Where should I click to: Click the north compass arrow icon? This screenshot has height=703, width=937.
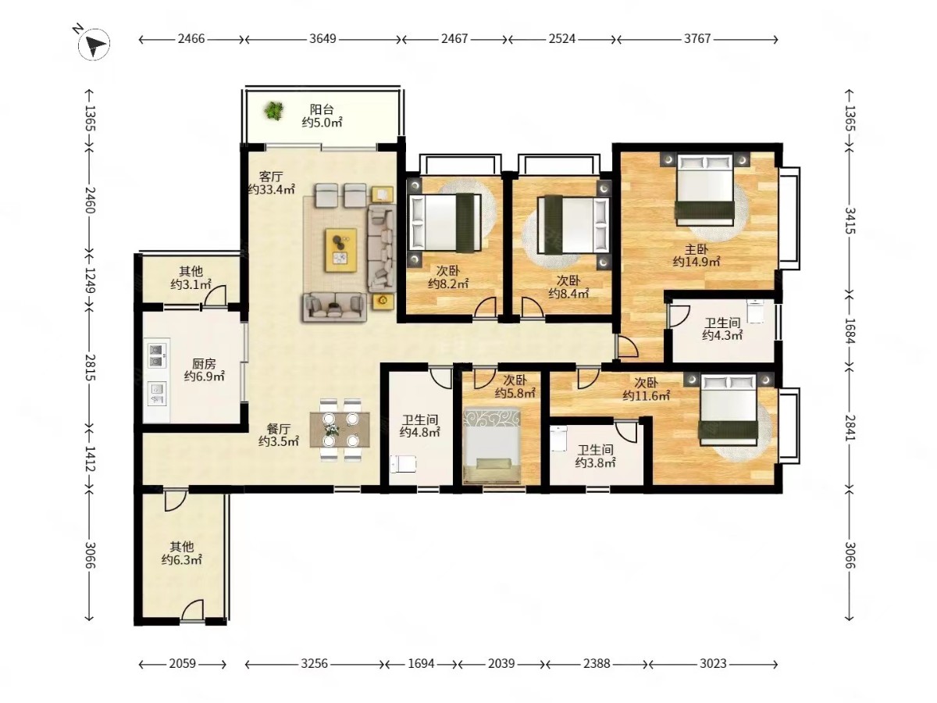pos(94,44)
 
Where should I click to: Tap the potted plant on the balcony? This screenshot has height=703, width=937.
pos(273,111)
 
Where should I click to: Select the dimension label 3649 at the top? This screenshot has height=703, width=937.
pos(322,39)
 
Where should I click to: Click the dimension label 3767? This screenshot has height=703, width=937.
pos(697,39)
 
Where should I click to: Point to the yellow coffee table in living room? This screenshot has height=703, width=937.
pos(340,250)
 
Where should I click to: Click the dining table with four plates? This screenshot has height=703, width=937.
pos(340,430)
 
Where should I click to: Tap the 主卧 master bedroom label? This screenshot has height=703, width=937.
pos(697,249)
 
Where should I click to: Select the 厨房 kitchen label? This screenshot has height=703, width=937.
pos(204,364)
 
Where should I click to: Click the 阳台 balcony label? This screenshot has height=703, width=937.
pos(322,109)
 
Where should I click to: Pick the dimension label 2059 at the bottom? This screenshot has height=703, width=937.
pos(182,664)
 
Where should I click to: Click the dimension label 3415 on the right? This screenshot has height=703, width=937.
pos(849,221)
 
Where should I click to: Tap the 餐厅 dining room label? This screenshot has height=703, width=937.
pos(279,429)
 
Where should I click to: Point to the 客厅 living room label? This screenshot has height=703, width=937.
pos(271,177)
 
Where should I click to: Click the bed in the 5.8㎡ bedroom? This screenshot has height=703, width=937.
pos(492,446)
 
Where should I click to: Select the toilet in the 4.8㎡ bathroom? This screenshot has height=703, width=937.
pos(404,464)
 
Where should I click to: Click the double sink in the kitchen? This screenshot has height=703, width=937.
pos(157,356)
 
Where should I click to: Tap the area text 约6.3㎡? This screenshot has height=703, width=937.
pos(181,559)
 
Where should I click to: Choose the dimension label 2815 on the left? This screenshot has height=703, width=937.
pos(89,367)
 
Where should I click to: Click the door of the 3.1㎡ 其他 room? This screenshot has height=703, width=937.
pos(214,296)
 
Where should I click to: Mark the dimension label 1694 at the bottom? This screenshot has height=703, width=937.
pos(422,664)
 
